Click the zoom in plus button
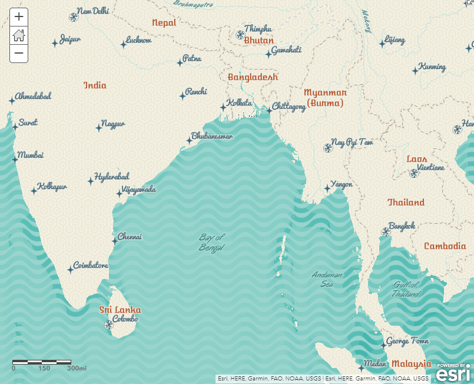(x=19, y=17)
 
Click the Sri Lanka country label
(x=120, y=310)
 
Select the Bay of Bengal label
(x=212, y=241)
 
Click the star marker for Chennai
(x=115, y=241)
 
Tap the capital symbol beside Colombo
(x=108, y=325)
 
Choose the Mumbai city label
(x=31, y=155)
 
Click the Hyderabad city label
(x=112, y=177)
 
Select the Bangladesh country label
(x=253, y=77)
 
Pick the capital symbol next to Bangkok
(x=386, y=231)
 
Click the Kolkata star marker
(x=223, y=107)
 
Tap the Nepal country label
(x=164, y=23)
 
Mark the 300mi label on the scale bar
(x=77, y=369)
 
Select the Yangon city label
(x=342, y=184)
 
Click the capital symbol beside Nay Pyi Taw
(x=328, y=148)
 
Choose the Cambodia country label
(x=445, y=246)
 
